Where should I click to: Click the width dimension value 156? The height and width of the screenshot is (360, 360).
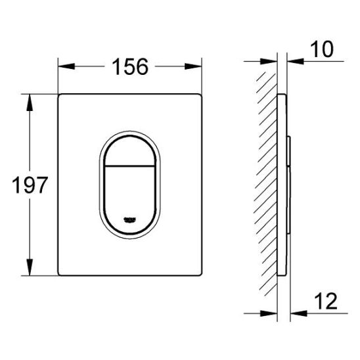coord(129,66)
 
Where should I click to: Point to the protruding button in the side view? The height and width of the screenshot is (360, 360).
coord(288,184)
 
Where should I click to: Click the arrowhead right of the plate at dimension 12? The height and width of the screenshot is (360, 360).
coord(292,309)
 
